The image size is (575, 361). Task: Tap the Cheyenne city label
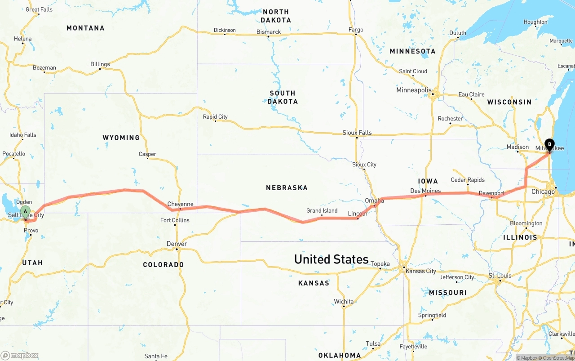coord(180,204)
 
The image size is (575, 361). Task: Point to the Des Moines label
coord(425,191)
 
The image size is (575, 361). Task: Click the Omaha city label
coord(374,201)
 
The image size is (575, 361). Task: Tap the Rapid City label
coord(215,117)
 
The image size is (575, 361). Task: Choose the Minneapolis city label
coord(414,90)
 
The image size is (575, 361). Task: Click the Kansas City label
coord(420,271)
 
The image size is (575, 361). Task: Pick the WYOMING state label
coord(121,138)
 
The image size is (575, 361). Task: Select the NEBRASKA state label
coord(287,187)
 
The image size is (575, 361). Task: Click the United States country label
coord(331,259)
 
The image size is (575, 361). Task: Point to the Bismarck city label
coord(269,32)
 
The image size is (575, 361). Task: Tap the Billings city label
coord(100,64)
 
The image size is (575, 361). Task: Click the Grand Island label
coord(322,210)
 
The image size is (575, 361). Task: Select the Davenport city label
coord(491,193)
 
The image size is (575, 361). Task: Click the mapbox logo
coord(20,355)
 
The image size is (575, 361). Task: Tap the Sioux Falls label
coord(357,133)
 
